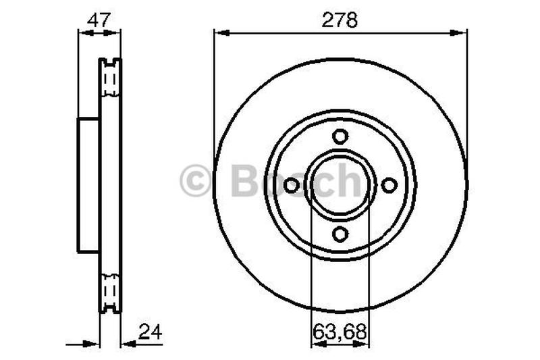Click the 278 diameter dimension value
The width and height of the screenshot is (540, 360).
[x=340, y=20]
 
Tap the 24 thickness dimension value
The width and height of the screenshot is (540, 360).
[x=149, y=332]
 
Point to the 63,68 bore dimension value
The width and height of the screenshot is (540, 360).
[x=340, y=332]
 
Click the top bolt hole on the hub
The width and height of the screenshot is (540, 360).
[x=340, y=136]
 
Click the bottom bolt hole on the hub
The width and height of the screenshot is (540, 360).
[x=340, y=234]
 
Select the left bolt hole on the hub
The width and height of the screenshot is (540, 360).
[x=292, y=185]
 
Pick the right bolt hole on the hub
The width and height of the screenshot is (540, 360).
[x=389, y=185]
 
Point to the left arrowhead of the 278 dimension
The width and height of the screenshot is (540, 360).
[x=219, y=31]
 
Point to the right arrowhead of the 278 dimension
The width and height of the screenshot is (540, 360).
[x=462, y=31]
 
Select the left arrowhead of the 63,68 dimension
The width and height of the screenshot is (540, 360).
[x=315, y=344]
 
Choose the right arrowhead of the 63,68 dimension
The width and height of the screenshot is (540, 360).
[x=365, y=344]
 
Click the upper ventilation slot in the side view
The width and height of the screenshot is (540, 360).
[x=110, y=82]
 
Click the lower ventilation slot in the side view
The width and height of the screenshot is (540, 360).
[x=110, y=288]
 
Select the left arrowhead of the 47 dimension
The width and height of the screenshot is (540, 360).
[x=83, y=31]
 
